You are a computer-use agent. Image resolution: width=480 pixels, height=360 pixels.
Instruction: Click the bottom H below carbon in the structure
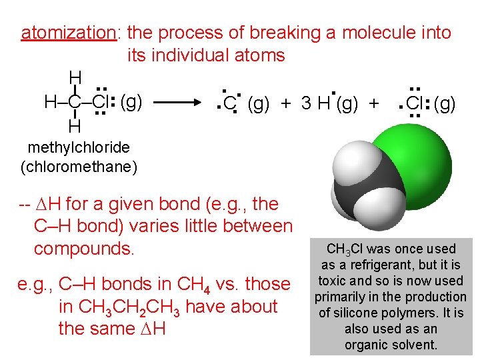pyautogui.click(x=75, y=126)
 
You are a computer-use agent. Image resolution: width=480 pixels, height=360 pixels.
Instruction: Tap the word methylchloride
pyautogui.click(x=79, y=147)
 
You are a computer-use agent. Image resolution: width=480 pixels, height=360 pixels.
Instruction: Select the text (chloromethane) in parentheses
pyautogui.click(x=79, y=166)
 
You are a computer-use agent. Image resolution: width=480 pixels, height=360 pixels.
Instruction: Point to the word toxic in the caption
pyautogui.click(x=330, y=281)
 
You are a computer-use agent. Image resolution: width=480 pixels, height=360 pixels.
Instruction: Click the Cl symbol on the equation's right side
pyautogui.click(x=414, y=104)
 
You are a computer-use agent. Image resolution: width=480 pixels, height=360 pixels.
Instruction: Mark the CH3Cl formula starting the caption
pyautogui.click(x=345, y=249)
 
